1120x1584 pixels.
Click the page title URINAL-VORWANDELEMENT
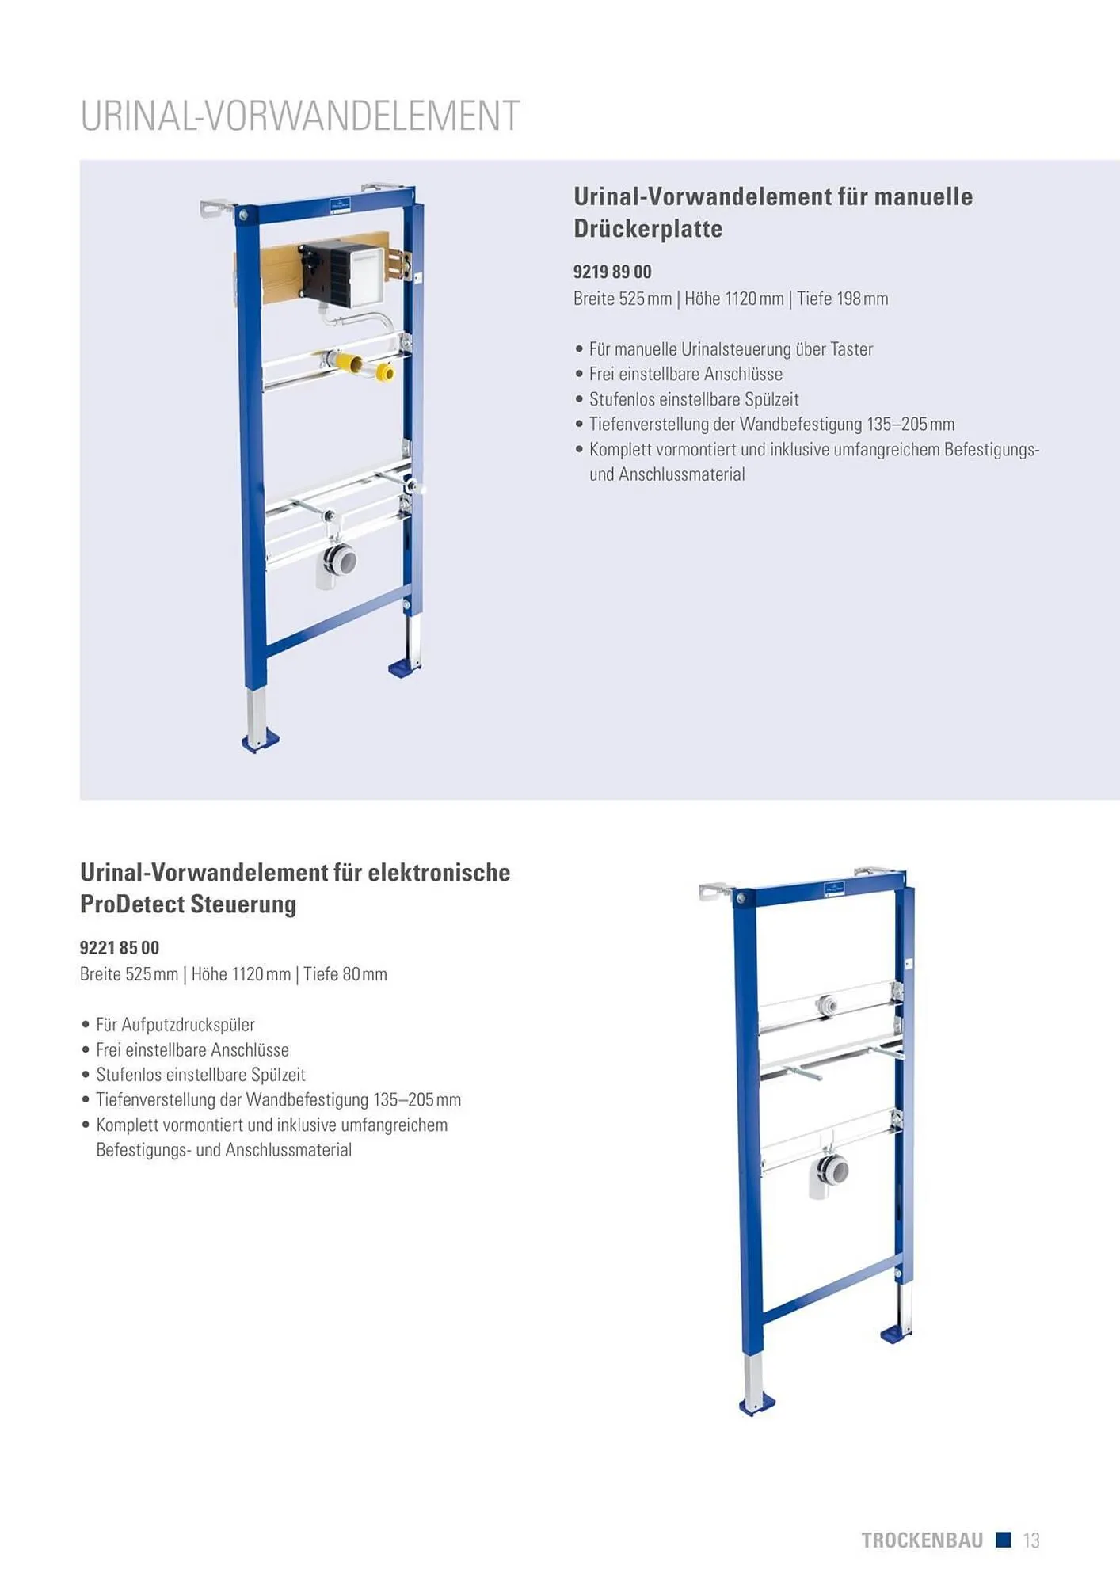point(300,116)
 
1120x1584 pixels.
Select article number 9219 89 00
point(612,272)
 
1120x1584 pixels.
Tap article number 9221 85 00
point(120,947)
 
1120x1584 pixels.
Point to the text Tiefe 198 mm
point(843,299)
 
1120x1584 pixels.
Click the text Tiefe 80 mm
point(345,974)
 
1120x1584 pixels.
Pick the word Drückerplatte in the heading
point(648,229)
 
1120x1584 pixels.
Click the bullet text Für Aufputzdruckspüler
point(175,1024)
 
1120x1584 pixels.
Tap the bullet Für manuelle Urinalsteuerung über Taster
point(731,348)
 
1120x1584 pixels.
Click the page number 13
point(1030,1540)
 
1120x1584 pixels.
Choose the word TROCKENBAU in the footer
point(922,1540)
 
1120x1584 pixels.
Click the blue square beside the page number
point(1004,1540)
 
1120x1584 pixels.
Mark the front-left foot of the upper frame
point(261,740)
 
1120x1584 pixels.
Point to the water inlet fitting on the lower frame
point(827,1005)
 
